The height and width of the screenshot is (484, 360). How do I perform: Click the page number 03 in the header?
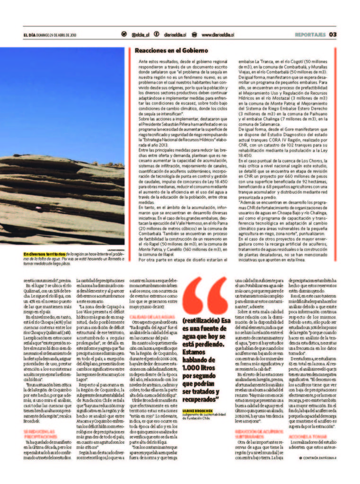click(x=333, y=34)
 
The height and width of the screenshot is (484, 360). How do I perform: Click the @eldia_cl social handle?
click(x=140, y=35)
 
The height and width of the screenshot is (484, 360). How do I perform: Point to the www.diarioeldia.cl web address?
click(x=218, y=35)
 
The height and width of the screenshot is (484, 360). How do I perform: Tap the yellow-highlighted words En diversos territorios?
click(x=46, y=254)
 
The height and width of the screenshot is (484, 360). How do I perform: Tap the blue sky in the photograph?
click(x=61, y=95)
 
